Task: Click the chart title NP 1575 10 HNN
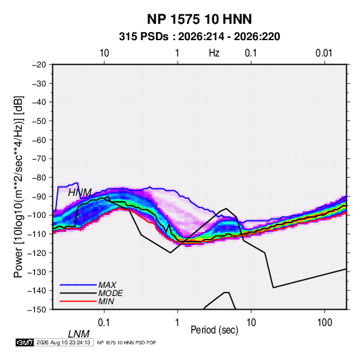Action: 199,19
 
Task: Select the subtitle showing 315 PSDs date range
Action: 199,37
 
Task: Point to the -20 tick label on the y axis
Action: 39,65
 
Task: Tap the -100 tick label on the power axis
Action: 37,215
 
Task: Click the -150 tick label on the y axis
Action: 37,310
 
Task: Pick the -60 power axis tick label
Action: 39,140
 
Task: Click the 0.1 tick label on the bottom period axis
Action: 104,323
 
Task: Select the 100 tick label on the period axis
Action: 325,323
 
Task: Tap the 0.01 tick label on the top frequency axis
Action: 324,53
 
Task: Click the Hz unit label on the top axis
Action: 214,53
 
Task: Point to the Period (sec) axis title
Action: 214,330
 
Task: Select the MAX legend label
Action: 107,285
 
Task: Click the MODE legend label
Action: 110,293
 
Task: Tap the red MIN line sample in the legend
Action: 78,301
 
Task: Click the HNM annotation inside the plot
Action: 80,193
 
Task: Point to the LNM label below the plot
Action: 79,334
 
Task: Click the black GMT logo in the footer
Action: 25,342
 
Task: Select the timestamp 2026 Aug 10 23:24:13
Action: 63,342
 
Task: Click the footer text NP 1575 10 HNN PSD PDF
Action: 127,342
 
